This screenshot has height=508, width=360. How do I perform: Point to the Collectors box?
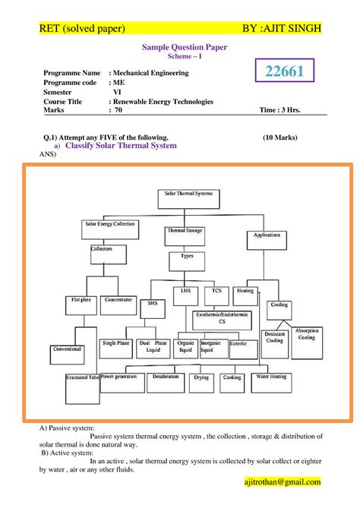101,249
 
